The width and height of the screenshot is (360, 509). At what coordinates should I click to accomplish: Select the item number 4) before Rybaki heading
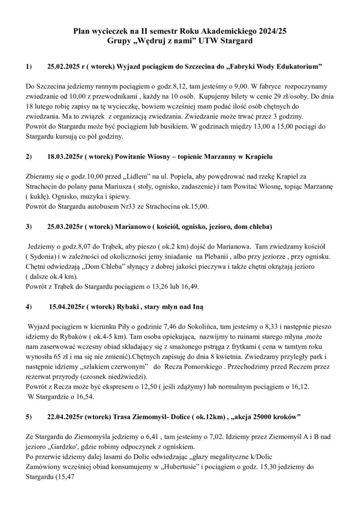point(29,306)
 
